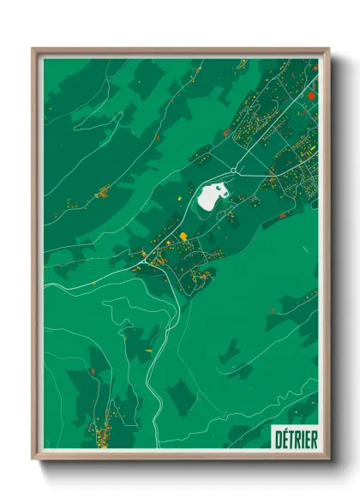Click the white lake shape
(210, 197)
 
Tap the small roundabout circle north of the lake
(233, 171)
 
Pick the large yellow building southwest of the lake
(183, 236)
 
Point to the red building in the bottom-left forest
(93, 371)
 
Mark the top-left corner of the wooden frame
(33, 49)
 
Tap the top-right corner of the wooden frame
(328, 49)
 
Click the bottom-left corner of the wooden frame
(33, 459)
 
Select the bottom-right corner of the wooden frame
(328, 459)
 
